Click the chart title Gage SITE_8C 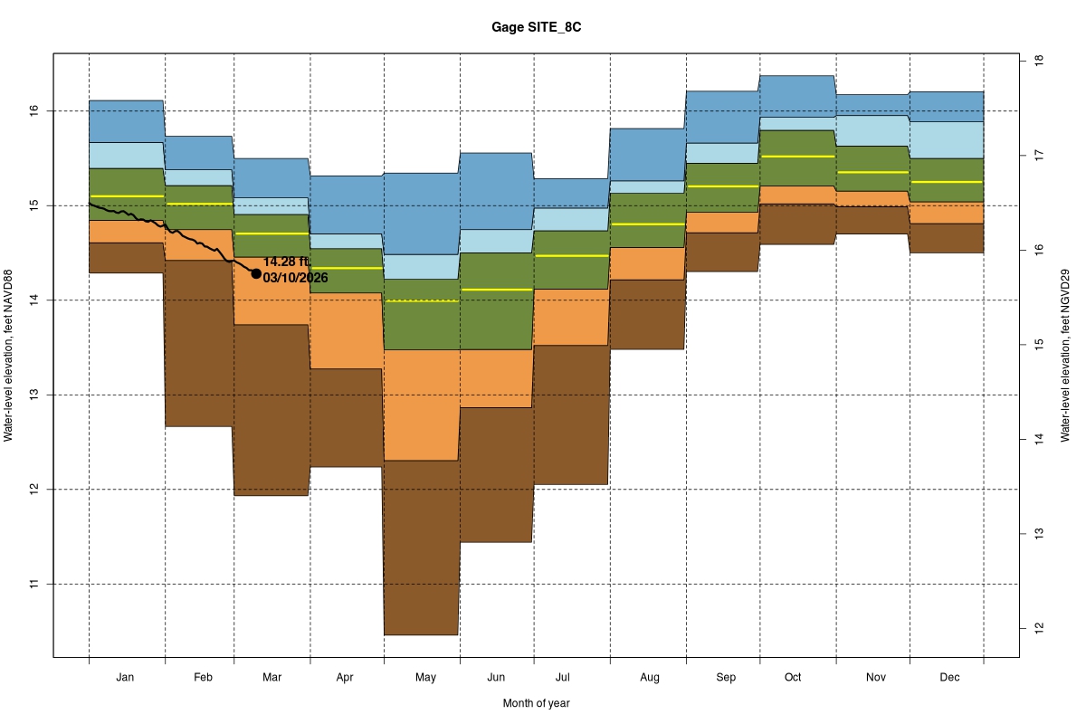[x=543, y=28]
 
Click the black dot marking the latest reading [x=256, y=273]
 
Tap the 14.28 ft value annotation [x=287, y=262]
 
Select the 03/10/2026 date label [x=295, y=278]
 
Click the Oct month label [x=793, y=677]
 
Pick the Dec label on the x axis [x=949, y=677]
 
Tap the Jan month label [x=126, y=677]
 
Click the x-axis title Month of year [x=536, y=703]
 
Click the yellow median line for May [x=422, y=300]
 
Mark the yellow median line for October [x=797, y=157]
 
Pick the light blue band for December [x=947, y=139]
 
